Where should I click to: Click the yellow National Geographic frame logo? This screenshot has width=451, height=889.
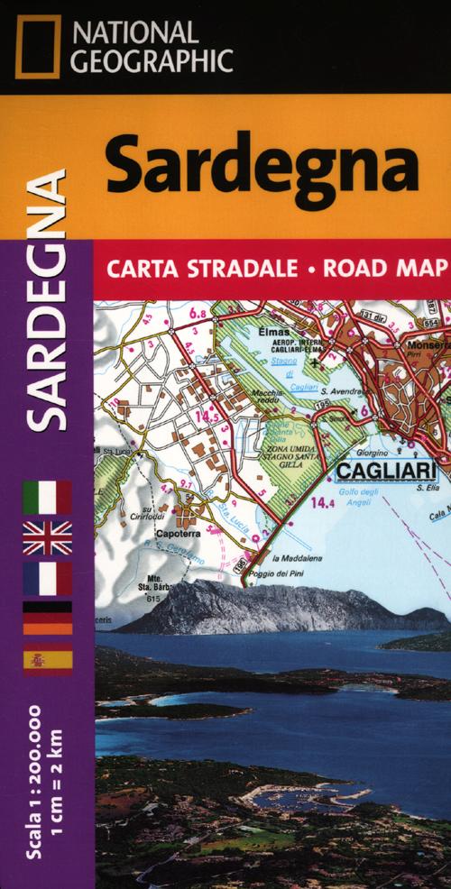35,46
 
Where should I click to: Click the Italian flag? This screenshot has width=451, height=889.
47,497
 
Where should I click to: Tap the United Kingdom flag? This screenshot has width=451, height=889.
47,537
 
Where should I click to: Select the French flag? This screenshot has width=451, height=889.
47,578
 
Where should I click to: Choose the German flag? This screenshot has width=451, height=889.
47,619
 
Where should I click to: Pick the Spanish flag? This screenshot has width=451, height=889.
47,661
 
